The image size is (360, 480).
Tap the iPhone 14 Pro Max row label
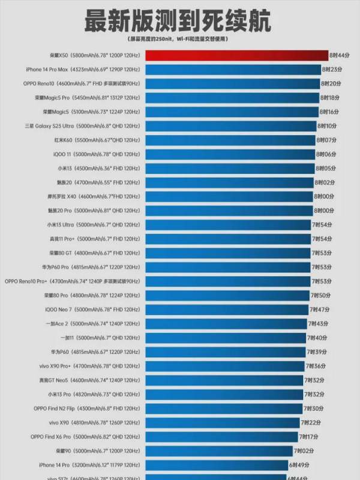click(89, 70)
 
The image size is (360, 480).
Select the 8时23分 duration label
click(329, 70)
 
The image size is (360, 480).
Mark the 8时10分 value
click(326, 126)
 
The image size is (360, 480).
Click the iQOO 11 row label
click(97, 154)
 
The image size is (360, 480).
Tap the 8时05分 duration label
click(325, 168)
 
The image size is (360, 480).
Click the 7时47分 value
click(319, 309)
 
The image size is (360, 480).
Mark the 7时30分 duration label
click(314, 408)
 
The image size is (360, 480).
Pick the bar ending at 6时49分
click(215, 464)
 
